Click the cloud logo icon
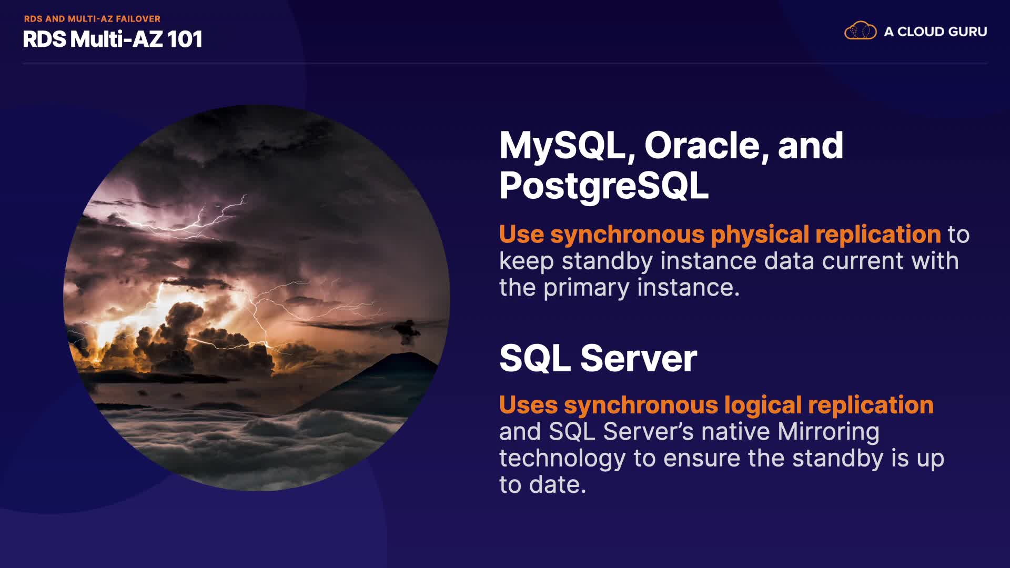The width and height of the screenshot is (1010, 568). click(x=860, y=31)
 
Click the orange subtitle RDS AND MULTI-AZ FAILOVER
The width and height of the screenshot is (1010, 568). click(x=92, y=19)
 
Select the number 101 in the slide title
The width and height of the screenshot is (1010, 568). click(x=185, y=39)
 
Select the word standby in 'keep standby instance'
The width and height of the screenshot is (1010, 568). click(x=607, y=261)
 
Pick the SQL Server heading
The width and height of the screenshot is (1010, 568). click(x=598, y=358)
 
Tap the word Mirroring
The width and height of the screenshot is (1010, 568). click(x=829, y=432)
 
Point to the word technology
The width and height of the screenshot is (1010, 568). click(x=562, y=459)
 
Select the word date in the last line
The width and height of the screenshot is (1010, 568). click(x=557, y=485)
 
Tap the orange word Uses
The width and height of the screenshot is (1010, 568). click(x=528, y=405)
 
